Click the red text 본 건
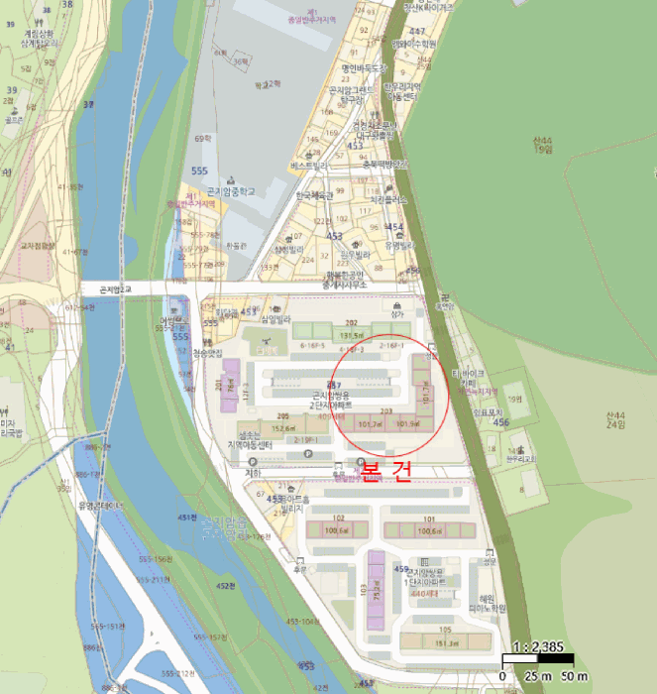(385, 471)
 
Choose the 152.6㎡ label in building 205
(283, 427)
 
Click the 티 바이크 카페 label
(465, 379)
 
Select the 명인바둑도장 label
(363, 68)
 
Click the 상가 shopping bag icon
(397, 304)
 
